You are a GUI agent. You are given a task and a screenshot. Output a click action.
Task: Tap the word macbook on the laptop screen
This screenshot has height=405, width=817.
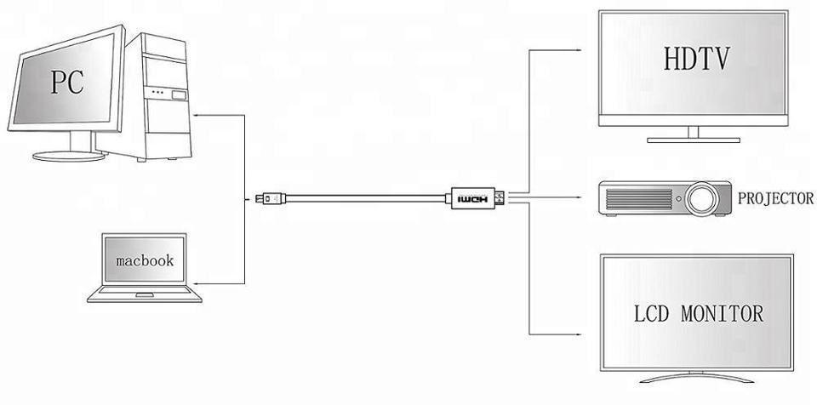pos(145,260)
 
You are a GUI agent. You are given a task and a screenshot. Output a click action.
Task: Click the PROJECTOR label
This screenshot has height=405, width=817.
pos(775,199)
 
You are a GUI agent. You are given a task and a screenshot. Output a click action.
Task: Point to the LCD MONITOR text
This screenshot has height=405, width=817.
pos(699,312)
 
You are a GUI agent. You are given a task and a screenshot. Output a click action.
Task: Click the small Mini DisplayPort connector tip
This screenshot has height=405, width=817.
pos(258,200)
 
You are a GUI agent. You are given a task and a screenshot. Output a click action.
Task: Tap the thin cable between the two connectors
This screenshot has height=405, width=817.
pos(366,200)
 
